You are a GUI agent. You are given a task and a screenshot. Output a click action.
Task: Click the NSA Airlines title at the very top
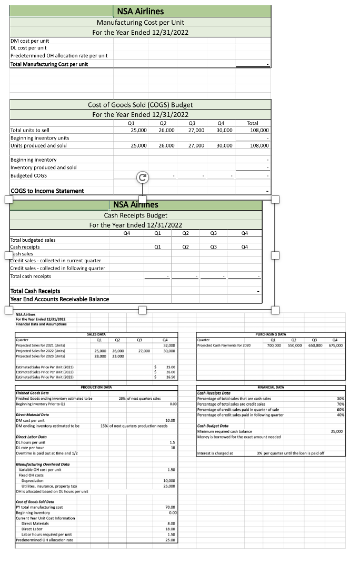pyautogui.click(x=140, y=11)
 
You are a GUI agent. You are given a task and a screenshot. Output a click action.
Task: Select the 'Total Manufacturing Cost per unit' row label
pyautogui.click(x=49, y=64)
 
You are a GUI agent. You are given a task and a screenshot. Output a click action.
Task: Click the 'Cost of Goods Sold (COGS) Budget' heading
pyautogui.click(x=140, y=105)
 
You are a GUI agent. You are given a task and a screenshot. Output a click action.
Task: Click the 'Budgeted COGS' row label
pyautogui.click(x=28, y=175)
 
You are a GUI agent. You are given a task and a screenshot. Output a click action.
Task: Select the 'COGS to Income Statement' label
pyautogui.click(x=47, y=191)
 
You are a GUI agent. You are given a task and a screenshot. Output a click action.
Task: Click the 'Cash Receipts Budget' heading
pyautogui.click(x=136, y=215)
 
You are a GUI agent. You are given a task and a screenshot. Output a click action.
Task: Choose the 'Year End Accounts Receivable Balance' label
pyautogui.click(x=59, y=299)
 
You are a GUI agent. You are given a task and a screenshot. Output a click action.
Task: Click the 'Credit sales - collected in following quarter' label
pyautogui.click(x=57, y=268)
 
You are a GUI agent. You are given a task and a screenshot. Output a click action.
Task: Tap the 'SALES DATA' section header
pyautogui.click(x=95, y=333)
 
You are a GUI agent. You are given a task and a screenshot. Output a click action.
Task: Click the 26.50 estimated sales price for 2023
pyautogui.click(x=170, y=377)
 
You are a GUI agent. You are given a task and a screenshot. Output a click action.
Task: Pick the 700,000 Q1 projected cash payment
pyautogui.click(x=274, y=345)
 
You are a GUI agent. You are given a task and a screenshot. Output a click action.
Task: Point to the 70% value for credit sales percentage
pyautogui.click(x=339, y=404)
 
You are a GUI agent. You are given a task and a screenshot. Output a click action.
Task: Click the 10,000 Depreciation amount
pyautogui.click(x=169, y=481)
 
